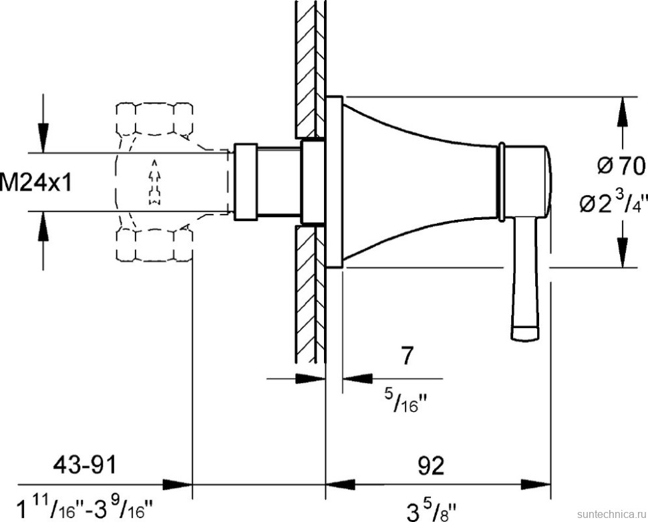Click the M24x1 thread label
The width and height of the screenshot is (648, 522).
(35, 182)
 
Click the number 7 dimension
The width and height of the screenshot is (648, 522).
(407, 356)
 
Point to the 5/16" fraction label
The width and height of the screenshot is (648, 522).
(405, 400)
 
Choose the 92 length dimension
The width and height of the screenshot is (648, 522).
(431, 466)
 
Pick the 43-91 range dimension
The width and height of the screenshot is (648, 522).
(85, 465)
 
